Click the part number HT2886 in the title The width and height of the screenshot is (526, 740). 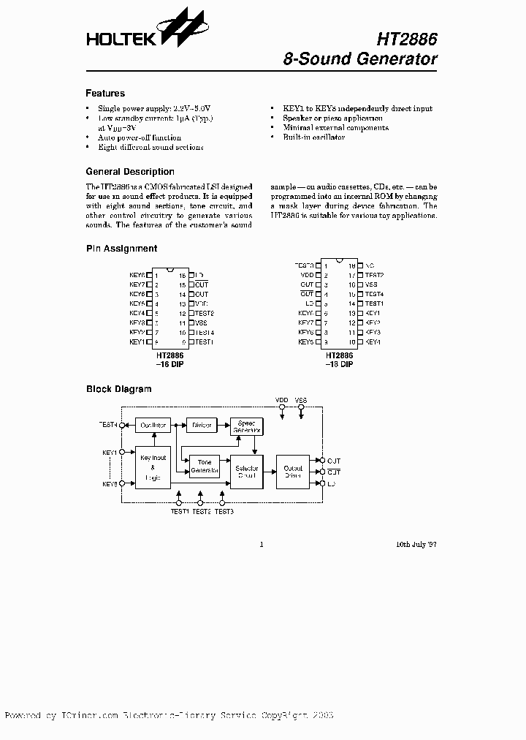pyautogui.click(x=406, y=39)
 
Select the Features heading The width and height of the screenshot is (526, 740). pyautogui.click(x=105, y=94)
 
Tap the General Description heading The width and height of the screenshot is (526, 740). pyautogui.click(x=130, y=172)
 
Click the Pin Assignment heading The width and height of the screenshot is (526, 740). pyautogui.click(x=121, y=249)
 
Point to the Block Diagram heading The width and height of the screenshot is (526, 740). pyautogui.click(x=119, y=389)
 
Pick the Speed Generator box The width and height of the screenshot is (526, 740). pyautogui.click(x=246, y=428)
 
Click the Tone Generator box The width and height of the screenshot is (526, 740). pyautogui.click(x=205, y=467)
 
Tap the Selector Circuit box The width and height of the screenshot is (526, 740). pyautogui.click(x=247, y=472)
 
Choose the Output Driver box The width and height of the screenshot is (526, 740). pyautogui.click(x=293, y=472)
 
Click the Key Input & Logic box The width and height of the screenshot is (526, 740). pyautogui.click(x=153, y=467)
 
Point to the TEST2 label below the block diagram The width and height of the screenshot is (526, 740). pyautogui.click(x=202, y=512)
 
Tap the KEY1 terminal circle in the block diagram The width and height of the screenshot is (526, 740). pyautogui.click(x=122, y=453)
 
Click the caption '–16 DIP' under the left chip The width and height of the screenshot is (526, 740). pyautogui.click(x=168, y=363)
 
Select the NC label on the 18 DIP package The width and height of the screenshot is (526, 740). pyautogui.click(x=370, y=265)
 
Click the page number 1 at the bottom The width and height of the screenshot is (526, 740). pyautogui.click(x=262, y=544)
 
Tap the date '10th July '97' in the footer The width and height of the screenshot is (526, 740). pyautogui.click(x=416, y=544)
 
